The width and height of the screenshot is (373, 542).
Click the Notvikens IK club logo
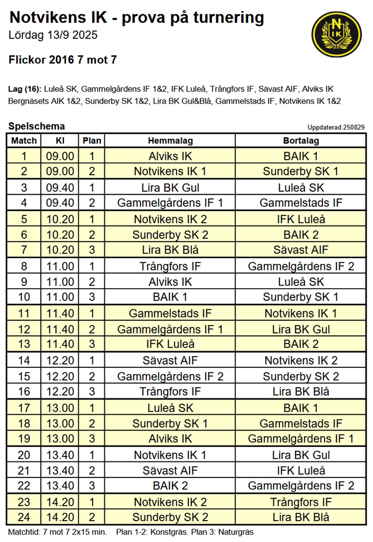click(336, 34)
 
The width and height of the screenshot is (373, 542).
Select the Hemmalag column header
click(170, 141)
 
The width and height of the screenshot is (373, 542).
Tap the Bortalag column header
click(301, 141)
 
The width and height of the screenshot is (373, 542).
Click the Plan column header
click(92, 141)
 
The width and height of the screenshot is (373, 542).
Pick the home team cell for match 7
click(170, 250)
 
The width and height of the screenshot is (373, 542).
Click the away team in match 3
click(301, 187)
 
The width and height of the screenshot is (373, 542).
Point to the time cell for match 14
click(60, 361)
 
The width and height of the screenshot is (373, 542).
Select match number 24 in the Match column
click(24, 517)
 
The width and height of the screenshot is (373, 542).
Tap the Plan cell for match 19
click(92, 439)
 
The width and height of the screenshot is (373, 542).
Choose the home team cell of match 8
click(170, 266)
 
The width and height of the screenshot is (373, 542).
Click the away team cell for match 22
click(301, 486)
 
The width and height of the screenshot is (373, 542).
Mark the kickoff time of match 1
click(60, 156)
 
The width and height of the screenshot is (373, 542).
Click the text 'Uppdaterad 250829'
click(336, 127)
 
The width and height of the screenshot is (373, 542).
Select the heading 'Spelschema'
click(37, 126)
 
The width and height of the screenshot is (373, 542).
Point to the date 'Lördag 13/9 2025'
click(53, 35)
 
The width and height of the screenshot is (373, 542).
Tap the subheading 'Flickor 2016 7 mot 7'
click(63, 60)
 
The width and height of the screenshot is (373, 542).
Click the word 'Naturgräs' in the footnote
click(236, 532)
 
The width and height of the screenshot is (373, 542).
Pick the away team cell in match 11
click(301, 313)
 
